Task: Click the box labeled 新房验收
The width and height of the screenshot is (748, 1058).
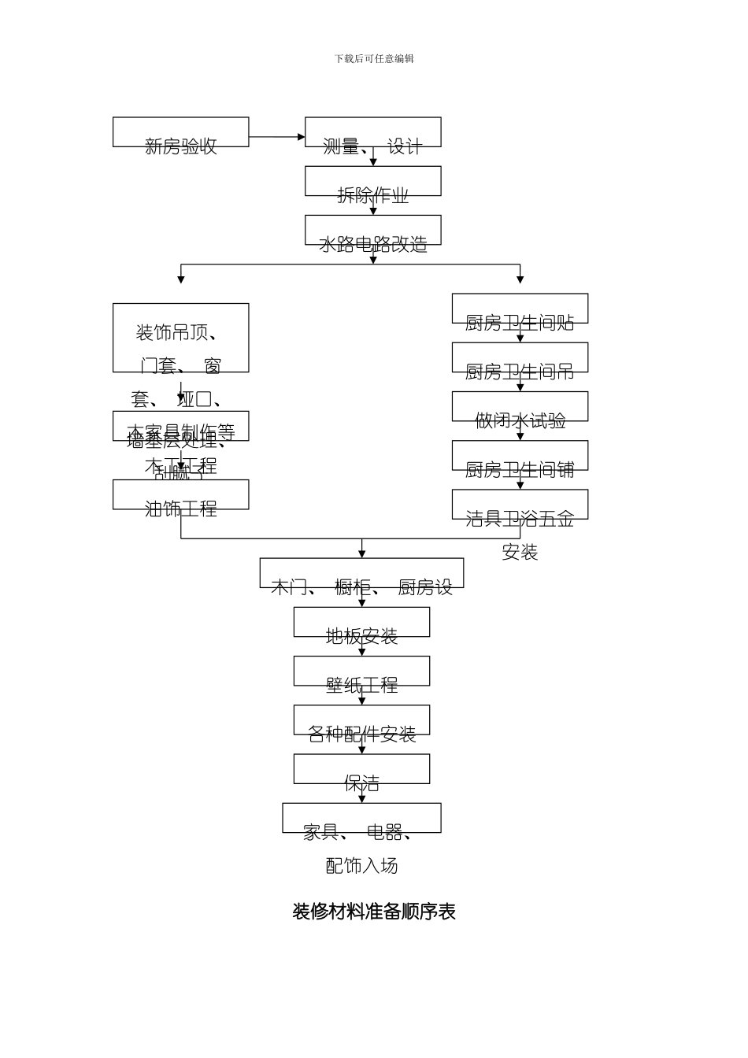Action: point(180,132)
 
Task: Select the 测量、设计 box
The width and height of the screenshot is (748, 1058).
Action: point(372,132)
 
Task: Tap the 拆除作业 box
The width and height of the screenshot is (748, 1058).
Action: point(372,181)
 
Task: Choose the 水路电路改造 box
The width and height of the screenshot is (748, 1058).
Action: point(372,230)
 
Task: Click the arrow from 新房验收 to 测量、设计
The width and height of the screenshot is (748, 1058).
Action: point(276,137)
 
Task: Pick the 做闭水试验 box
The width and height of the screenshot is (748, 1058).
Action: point(520,406)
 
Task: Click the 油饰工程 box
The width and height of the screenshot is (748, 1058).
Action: point(180,494)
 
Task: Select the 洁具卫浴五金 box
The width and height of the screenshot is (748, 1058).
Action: point(520,505)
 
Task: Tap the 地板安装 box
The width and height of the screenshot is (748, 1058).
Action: point(361,622)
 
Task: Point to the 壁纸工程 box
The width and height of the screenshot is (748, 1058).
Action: point(361,671)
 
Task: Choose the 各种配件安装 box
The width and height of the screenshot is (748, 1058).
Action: point(361,720)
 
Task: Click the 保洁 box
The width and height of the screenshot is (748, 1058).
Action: point(361,769)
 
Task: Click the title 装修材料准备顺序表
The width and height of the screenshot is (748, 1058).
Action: point(374,912)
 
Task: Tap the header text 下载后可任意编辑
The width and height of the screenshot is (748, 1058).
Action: point(374,58)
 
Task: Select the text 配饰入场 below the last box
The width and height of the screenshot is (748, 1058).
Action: point(361,866)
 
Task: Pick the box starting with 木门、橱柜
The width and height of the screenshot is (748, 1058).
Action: point(361,573)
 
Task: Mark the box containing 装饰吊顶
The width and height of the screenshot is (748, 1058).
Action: point(180,338)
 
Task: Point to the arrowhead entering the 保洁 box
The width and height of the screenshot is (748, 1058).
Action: point(362,750)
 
